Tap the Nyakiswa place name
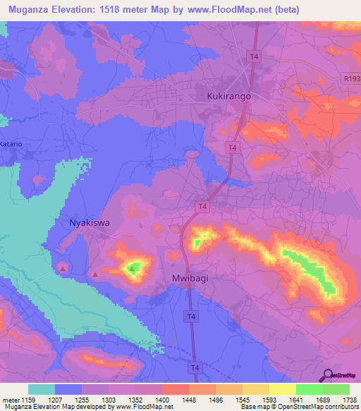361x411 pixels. [x=90, y=222]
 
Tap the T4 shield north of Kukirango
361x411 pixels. [x=252, y=55]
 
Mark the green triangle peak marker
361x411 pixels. [x=132, y=268]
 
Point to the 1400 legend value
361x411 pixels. [x=162, y=400]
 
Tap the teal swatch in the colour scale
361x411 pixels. [x=42, y=389]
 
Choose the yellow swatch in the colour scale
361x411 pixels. [x=282, y=389]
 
